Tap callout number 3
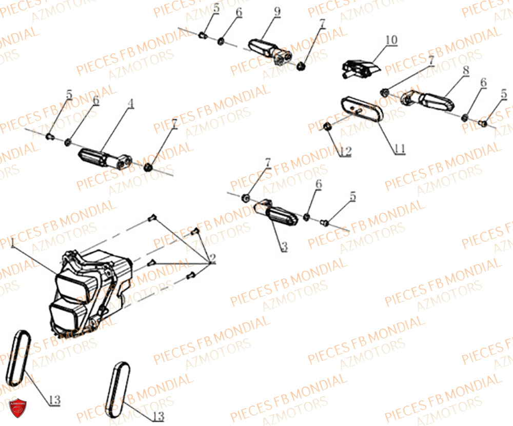pos(284,247)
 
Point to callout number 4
pos(131,104)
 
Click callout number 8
pos(465,71)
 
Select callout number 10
pos(391,39)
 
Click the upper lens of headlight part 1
pos(72,282)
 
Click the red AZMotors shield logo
pos(19,408)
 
